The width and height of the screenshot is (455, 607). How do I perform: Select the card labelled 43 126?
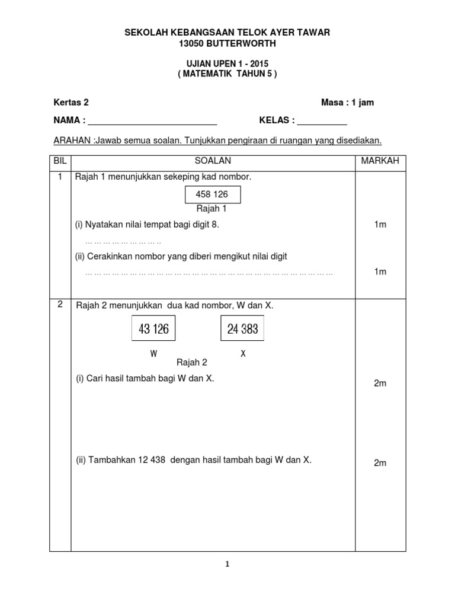point(153,328)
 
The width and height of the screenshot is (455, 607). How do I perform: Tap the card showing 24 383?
point(242,328)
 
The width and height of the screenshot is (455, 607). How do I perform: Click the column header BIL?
point(60,161)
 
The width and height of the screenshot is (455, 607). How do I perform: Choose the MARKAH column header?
point(380,161)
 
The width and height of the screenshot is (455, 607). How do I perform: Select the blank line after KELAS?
point(322,122)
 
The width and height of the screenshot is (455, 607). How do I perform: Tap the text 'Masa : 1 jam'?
point(347,103)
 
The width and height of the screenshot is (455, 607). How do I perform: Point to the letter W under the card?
point(153,354)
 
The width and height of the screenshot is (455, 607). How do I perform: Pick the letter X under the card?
point(243,354)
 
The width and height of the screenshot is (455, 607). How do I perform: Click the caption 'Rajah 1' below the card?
point(212,209)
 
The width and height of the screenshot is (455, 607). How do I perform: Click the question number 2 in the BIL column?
point(60,305)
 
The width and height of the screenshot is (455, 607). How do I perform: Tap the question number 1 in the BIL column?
point(60,177)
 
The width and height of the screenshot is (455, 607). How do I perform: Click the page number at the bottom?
point(227,565)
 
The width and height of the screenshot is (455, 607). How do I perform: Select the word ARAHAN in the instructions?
point(71,140)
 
